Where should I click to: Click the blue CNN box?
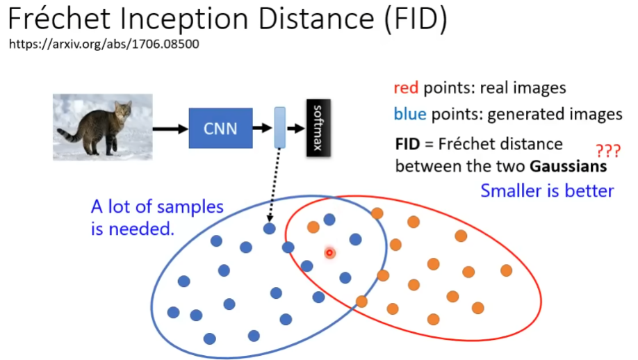tap(220, 128)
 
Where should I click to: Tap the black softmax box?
tap(318, 128)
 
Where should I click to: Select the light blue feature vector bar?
tap(280, 127)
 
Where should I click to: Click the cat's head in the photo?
tap(123, 110)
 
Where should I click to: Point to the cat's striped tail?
tap(69, 134)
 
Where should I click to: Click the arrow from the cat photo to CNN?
tap(170, 129)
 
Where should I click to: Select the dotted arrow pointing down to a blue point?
tap(274, 185)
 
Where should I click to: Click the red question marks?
tap(608, 151)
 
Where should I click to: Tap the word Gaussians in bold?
tap(569, 166)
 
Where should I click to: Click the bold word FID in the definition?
tap(407, 144)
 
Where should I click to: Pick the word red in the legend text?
tap(406, 88)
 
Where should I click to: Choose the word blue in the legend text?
tap(410, 114)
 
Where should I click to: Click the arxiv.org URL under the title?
tap(104, 44)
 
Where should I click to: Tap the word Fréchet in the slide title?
tap(59, 18)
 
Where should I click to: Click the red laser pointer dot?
tap(329, 253)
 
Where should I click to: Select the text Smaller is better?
tap(547, 191)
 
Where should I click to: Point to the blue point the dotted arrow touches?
tap(270, 229)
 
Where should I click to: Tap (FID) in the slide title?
tap(416, 19)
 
